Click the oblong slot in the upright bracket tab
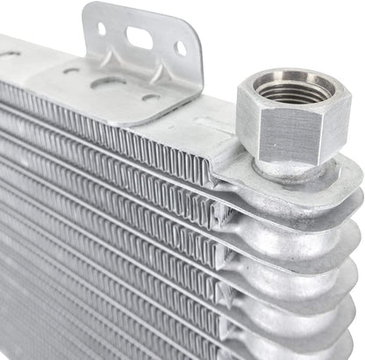(140, 38)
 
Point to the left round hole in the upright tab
(102, 29)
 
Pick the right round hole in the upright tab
(180, 48)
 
